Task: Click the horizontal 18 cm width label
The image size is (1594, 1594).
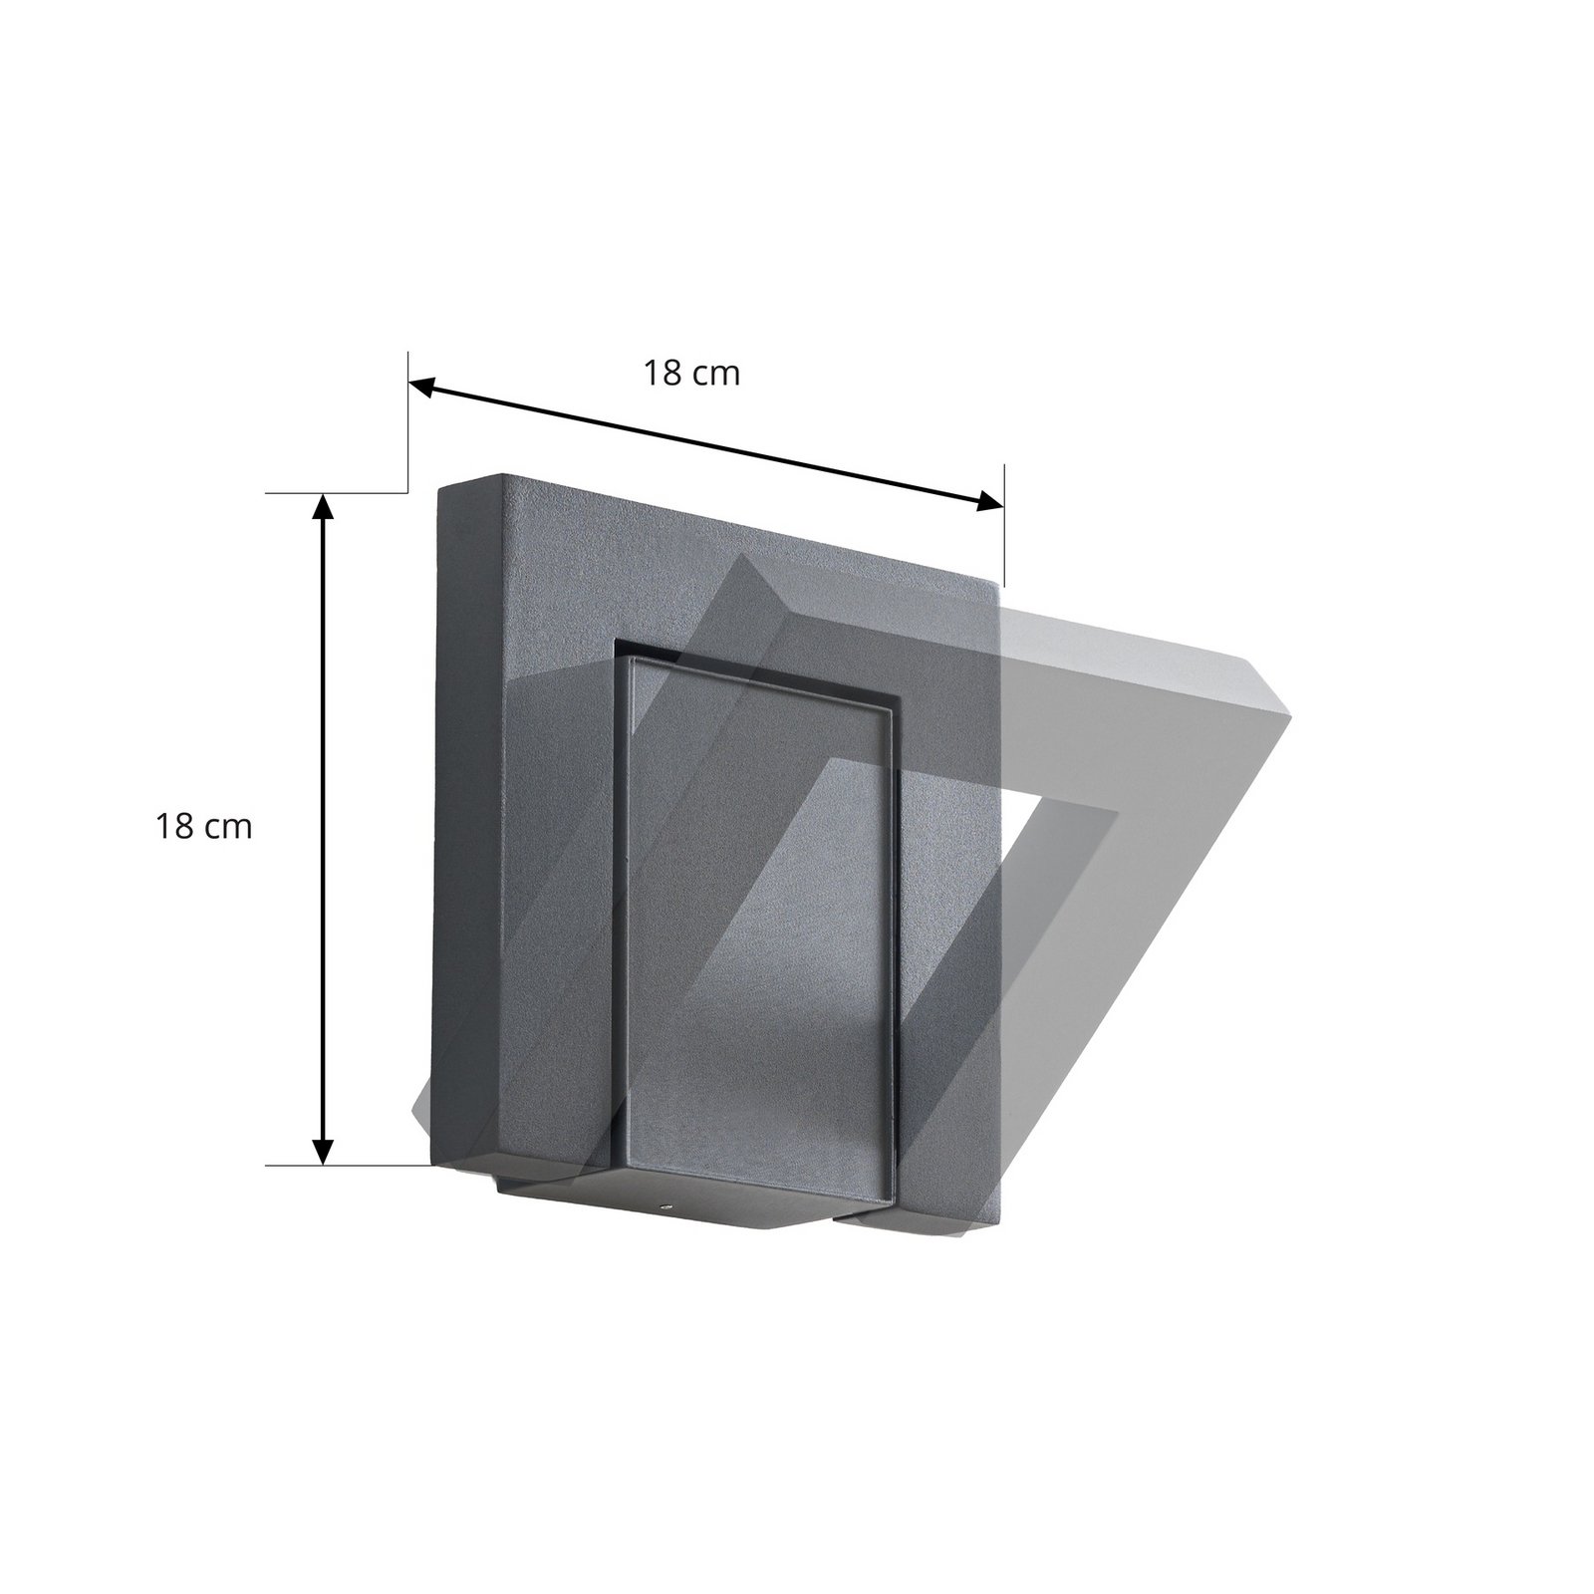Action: tap(691, 375)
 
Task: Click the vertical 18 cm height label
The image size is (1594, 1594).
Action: tap(203, 827)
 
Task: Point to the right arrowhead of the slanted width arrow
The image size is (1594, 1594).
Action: tap(991, 501)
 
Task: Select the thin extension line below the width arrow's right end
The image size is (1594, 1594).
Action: tap(1004, 548)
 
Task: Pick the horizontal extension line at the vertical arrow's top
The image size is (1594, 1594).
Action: tap(339, 492)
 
